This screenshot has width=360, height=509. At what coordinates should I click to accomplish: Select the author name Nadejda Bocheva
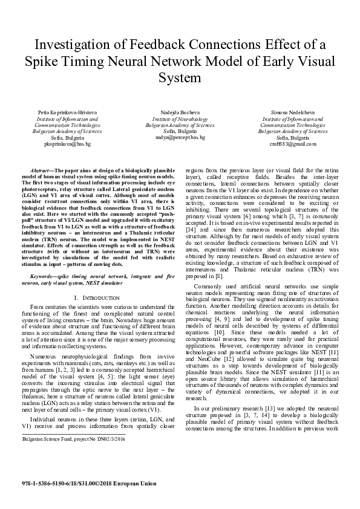(180, 112)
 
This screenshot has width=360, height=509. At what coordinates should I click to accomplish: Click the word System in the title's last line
(179, 78)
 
